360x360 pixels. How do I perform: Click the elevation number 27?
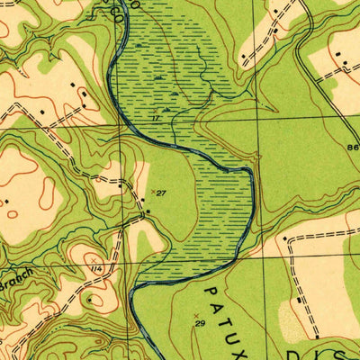click(161, 193)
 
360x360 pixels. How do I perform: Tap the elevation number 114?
click(94, 268)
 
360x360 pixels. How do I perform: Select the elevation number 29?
click(200, 322)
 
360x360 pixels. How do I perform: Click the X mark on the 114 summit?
click(94, 259)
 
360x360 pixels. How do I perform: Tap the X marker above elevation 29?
click(196, 314)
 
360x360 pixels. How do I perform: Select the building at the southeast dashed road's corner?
click(284, 239)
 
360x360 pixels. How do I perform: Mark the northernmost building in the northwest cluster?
click(84, 93)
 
